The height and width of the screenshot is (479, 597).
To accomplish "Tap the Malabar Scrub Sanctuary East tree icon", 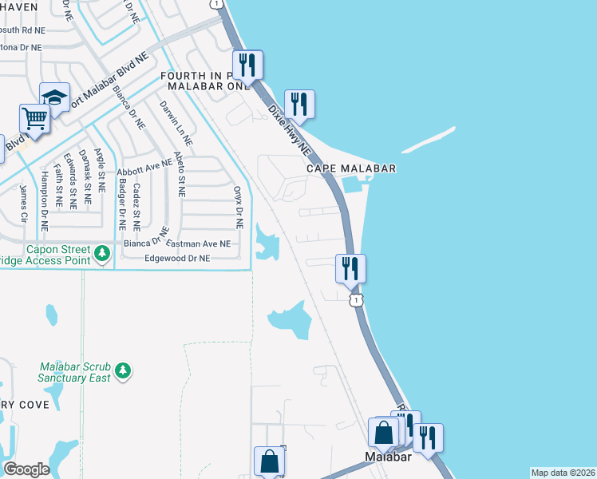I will pyautogui.click(x=122, y=370).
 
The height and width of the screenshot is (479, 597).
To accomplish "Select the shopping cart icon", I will pyautogui.click(x=35, y=119).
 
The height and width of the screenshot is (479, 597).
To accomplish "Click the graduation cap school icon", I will pyautogui.click(x=54, y=97).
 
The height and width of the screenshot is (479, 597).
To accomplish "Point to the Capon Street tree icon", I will pyautogui.click(x=102, y=254).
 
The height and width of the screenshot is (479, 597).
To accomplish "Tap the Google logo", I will pyautogui.click(x=26, y=469).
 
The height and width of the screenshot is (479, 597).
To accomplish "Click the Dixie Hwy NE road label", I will pyautogui.click(x=289, y=129).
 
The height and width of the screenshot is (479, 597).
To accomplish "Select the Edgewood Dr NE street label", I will pyautogui.click(x=177, y=259).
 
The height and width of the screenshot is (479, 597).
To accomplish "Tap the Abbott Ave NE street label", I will pyautogui.click(x=144, y=168).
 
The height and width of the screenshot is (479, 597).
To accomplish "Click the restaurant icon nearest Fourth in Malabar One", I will pyautogui.click(x=248, y=65).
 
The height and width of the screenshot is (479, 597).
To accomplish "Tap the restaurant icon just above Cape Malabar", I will pyautogui.click(x=299, y=104).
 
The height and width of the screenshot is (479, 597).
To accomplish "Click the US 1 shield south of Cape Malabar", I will pyautogui.click(x=356, y=299).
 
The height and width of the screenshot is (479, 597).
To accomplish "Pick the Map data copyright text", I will pyautogui.click(x=563, y=473).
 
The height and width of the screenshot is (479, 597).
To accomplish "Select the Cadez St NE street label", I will pyautogui.click(x=137, y=201).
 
